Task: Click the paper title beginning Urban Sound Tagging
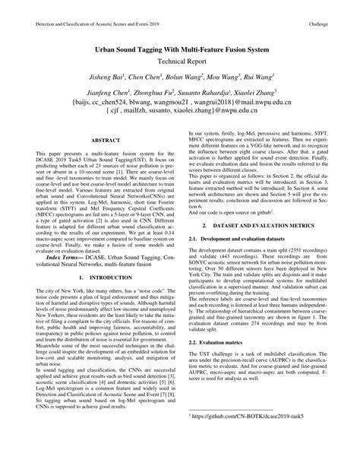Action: point(181,46)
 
